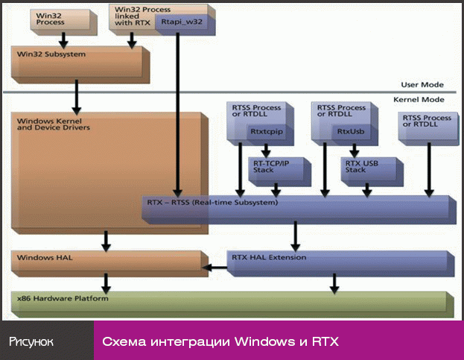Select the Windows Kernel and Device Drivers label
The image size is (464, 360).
(x=53, y=124)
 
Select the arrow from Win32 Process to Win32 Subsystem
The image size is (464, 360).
(x=63, y=39)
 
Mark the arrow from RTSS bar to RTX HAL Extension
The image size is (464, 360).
(x=296, y=236)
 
